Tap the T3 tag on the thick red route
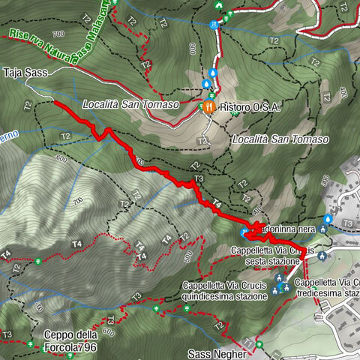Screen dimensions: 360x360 (199, 178)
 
